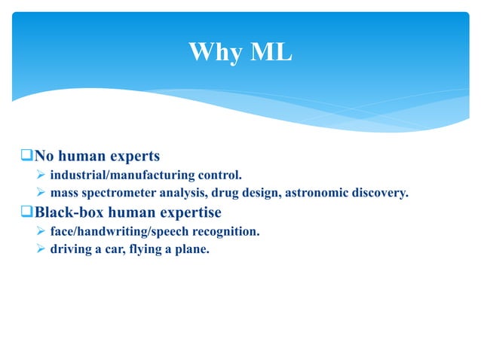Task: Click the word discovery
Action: coord(380,194)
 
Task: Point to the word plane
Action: coord(192,249)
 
